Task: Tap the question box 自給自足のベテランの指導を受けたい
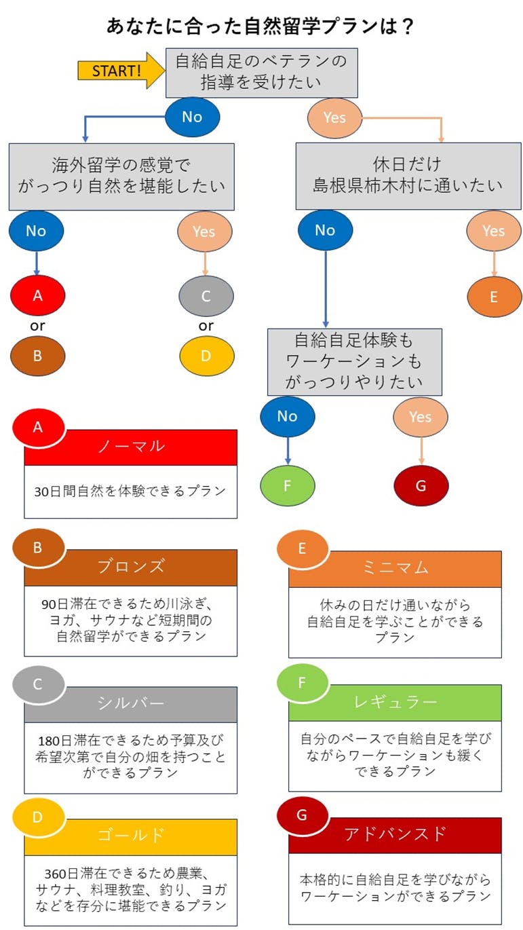[262, 72]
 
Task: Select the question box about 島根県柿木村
[408, 175]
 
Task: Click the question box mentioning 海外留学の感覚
[121, 175]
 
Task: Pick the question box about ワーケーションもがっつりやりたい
[354, 362]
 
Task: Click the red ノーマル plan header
[130, 447]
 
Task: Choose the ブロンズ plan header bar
[130, 568]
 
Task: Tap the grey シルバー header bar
[130, 704]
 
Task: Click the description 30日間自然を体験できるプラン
[130, 491]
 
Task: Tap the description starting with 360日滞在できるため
[130, 889]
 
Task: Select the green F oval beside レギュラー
[303, 682]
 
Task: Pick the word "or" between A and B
[37, 326]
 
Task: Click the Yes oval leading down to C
[204, 231]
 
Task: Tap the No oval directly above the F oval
[288, 415]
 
